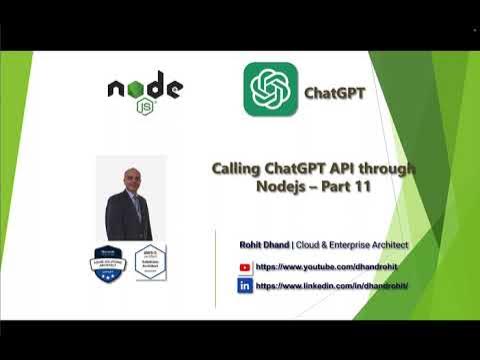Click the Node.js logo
click(x=145, y=90)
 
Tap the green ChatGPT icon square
click(x=271, y=90)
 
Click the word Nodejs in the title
click(x=293, y=187)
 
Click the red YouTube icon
click(x=244, y=268)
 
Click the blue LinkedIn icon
click(x=244, y=285)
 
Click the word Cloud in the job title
click(x=307, y=245)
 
